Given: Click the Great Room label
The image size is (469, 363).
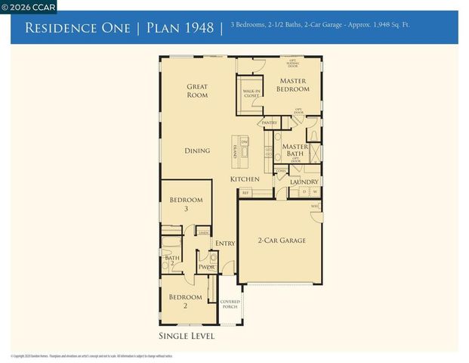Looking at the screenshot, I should (x=197, y=91).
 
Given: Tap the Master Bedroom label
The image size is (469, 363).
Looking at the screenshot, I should (x=292, y=85).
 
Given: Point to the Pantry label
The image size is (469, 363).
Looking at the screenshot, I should (x=269, y=123).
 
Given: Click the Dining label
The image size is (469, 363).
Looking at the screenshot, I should (x=197, y=150).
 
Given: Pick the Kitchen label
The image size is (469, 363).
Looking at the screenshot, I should (x=245, y=179).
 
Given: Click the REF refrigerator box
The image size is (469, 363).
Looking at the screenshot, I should (x=245, y=193).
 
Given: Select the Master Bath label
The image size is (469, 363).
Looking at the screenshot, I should (x=295, y=151).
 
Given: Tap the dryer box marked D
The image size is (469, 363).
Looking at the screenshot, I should (x=304, y=192).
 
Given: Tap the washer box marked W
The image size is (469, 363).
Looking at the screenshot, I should (x=315, y=192).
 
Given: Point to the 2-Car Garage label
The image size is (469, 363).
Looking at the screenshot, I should (x=282, y=240).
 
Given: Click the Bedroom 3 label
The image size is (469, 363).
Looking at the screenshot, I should (x=186, y=204).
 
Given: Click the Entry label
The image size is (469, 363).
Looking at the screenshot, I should (x=225, y=244).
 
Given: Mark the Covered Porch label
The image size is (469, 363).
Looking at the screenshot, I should (x=230, y=304).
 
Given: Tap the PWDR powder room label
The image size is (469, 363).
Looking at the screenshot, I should (x=206, y=267).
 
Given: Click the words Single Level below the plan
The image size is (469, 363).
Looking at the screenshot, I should (x=187, y=336).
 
